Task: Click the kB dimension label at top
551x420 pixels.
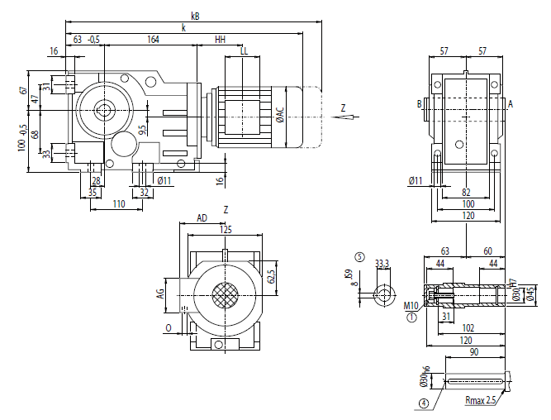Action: pyautogui.click(x=195, y=16)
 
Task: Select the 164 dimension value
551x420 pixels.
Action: pyautogui.click(x=154, y=39)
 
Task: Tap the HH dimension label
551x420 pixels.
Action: pyautogui.click(x=220, y=39)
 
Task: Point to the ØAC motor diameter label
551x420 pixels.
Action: pyautogui.click(x=280, y=115)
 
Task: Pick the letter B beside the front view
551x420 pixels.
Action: pyautogui.click(x=420, y=103)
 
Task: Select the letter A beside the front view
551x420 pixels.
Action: pyautogui.click(x=511, y=103)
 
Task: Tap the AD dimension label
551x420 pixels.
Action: pyautogui.click(x=202, y=218)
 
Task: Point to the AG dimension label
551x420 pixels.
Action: pyautogui.click(x=161, y=294)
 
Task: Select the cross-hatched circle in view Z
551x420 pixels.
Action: pyautogui.click(x=225, y=296)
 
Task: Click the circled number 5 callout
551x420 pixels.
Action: pyautogui.click(x=359, y=256)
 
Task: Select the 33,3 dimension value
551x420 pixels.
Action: pyautogui.click(x=382, y=264)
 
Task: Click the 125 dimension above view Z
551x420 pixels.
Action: pyautogui.click(x=226, y=229)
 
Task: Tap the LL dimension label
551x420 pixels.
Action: pyautogui.click(x=243, y=51)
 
